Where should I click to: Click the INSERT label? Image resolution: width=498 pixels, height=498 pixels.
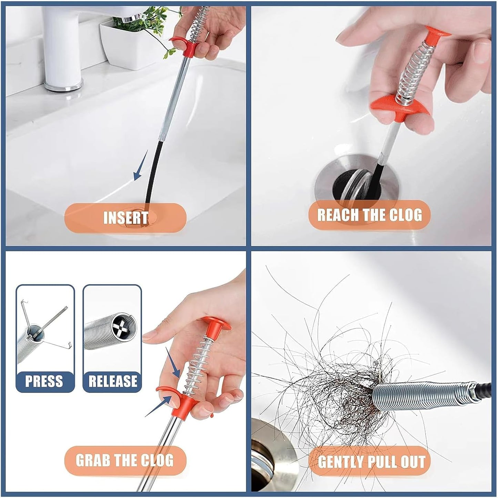coord(125,218)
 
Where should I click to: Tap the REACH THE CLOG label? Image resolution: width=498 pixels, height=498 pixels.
coord(369,215)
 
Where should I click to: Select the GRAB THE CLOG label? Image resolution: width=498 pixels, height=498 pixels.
coord(125,460)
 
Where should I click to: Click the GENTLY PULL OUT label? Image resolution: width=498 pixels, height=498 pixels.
coord(371,461)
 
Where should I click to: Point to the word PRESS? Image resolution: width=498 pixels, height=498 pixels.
coord(44,381)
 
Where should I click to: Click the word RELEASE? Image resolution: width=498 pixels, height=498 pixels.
coord(113,381)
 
